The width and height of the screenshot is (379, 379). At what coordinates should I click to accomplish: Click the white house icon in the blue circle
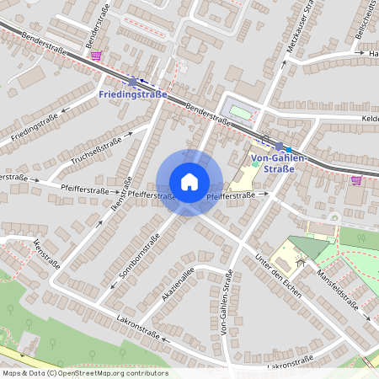pyautogui.click(x=189, y=182)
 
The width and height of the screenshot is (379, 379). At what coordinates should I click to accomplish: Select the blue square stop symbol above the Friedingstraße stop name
pyautogui.click(x=132, y=82)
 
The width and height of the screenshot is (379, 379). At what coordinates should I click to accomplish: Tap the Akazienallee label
pyautogui.click(x=178, y=285)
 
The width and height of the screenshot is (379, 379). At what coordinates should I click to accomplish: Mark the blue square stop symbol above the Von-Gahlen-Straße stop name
pyautogui.click(x=279, y=146)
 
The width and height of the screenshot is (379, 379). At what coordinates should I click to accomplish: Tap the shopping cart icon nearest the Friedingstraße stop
pyautogui.click(x=97, y=56)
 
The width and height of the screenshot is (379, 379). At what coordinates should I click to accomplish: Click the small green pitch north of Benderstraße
pyautogui.click(x=241, y=111)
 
